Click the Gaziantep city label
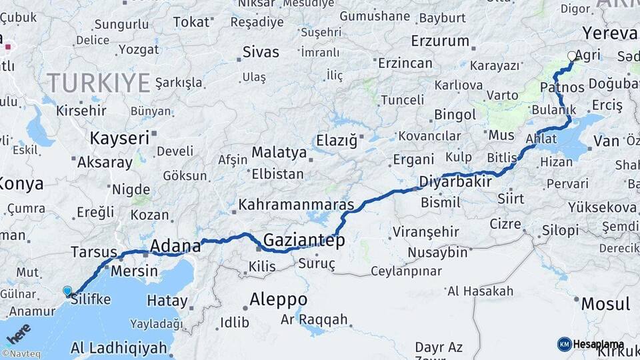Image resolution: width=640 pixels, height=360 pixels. [x=304, y=240]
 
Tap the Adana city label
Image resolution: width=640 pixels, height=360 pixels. [x=175, y=246]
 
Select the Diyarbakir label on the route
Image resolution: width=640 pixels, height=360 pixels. [x=455, y=181]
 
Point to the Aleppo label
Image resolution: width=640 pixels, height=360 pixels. [x=278, y=299]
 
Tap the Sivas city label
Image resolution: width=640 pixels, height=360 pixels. [x=261, y=52]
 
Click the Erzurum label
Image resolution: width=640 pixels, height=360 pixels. [x=440, y=41]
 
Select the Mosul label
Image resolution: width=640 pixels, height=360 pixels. [x=605, y=304]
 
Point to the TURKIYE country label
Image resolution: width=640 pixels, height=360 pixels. [x=99, y=83]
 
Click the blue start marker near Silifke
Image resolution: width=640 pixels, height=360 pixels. [x=67, y=291]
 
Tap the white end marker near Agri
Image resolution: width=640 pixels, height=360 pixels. [x=571, y=57]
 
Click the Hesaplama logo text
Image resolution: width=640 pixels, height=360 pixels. [x=598, y=344]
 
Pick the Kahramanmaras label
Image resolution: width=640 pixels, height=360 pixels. [x=295, y=204]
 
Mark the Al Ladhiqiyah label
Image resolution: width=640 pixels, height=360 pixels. [x=118, y=347]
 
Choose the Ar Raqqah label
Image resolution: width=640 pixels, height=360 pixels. [x=313, y=319]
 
